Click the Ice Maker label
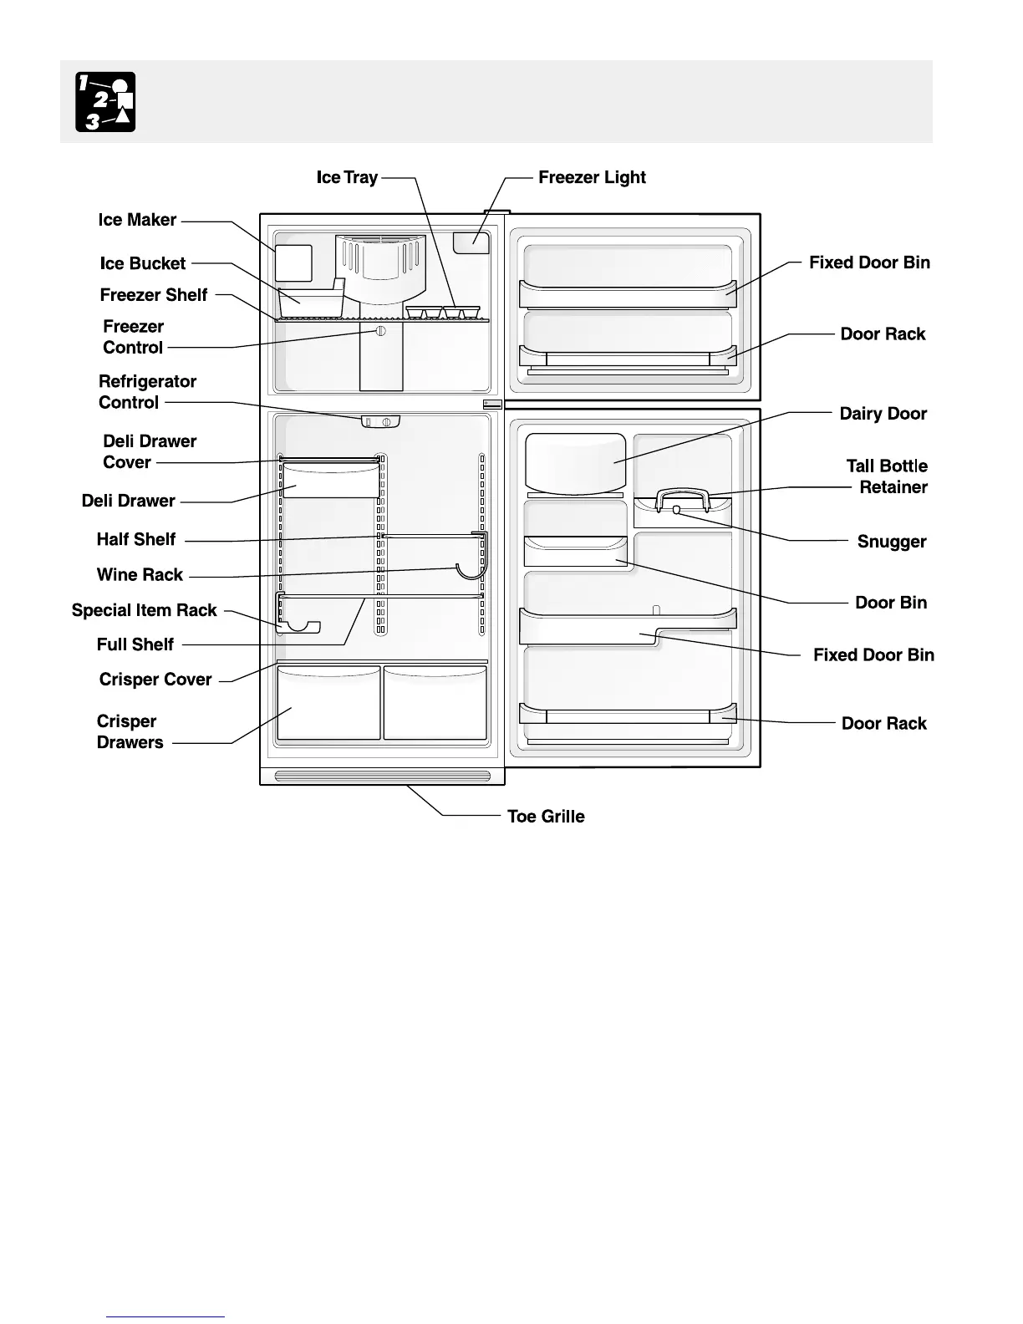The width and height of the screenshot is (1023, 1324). coord(137,220)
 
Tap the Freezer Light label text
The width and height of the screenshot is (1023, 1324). coord(592,177)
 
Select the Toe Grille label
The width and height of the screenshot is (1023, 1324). coord(546,817)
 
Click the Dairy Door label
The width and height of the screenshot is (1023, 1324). coord(883,414)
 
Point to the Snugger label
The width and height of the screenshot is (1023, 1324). coord(891,542)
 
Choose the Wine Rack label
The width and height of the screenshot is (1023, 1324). coord(140,575)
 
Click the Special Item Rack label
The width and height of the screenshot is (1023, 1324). coord(144,610)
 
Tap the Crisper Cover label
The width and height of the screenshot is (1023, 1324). coord(155,680)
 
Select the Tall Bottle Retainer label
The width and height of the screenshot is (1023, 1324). coord(888,476)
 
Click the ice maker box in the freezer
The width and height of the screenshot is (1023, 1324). coord(293,263)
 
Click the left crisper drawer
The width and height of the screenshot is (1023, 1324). coord(328,704)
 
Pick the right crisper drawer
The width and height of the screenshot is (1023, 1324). coord(435,704)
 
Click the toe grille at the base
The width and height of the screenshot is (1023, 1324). coord(382,777)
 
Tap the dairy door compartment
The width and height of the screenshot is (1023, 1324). coord(576,463)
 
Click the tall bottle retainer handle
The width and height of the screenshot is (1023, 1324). coord(683,498)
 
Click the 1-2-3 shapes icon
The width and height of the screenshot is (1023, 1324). coord(105,102)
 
